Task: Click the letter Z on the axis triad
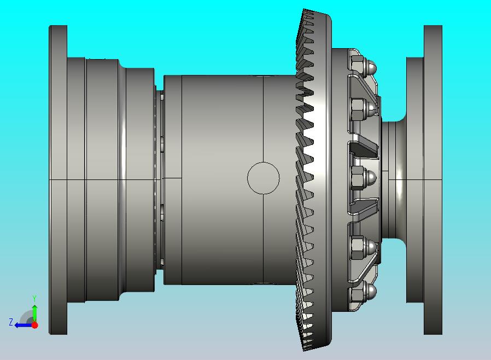click(11, 322)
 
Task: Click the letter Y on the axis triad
click(34, 298)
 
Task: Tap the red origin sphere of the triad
click(35, 325)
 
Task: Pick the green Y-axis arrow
click(35, 313)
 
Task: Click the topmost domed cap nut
click(364, 65)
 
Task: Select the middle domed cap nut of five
click(364, 178)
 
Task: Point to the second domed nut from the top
click(364, 108)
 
